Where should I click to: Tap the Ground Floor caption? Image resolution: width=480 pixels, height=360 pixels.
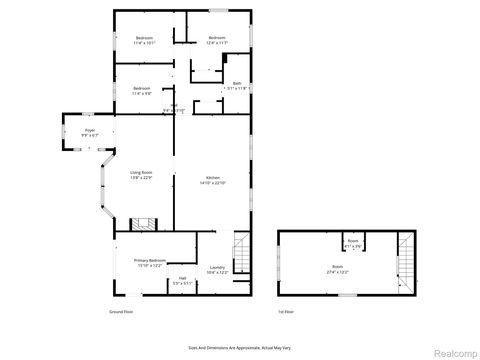point(121,311)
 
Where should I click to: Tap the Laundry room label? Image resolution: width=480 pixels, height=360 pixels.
point(217,267)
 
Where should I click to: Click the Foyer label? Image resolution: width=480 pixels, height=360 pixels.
point(89,130)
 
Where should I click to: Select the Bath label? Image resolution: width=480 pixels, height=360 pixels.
point(237,83)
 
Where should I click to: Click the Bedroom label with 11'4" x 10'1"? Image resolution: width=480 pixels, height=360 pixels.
point(144,39)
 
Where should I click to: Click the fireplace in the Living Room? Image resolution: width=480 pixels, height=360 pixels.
point(145,224)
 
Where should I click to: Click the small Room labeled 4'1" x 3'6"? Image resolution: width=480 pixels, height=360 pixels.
point(352,243)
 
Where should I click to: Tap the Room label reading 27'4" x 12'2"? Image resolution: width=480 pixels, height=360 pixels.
point(337,267)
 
